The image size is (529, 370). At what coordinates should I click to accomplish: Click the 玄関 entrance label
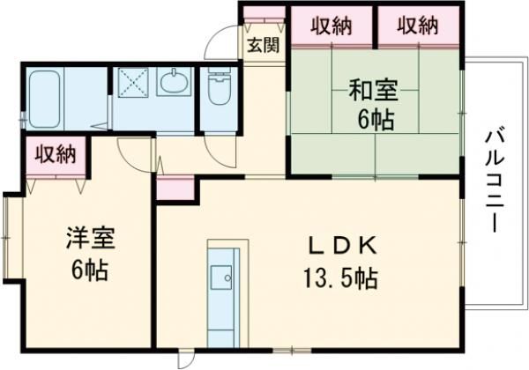[264, 45]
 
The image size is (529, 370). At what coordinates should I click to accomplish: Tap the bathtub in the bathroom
[44, 99]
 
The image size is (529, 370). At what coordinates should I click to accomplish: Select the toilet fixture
[219, 87]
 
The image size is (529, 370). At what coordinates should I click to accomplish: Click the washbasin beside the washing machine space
[174, 82]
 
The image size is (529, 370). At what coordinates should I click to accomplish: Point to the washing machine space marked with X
[133, 83]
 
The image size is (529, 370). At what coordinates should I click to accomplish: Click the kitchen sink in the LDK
[221, 277]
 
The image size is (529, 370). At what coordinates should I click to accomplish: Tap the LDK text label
[341, 246]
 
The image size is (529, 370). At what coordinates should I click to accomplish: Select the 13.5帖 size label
[340, 278]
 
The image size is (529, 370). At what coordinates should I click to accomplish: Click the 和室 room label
[373, 90]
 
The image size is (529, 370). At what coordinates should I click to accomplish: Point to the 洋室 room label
[91, 238]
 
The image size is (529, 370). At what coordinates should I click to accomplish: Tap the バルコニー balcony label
[495, 182]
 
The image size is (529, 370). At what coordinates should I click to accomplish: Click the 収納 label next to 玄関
[332, 26]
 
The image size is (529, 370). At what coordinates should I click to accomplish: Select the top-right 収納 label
[418, 26]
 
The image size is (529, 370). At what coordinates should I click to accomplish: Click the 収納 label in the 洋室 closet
[56, 155]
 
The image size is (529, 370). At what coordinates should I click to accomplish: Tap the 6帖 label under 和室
[376, 120]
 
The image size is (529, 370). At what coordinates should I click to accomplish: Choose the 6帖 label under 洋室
[90, 270]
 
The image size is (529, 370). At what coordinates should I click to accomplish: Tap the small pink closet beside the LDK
[175, 188]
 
